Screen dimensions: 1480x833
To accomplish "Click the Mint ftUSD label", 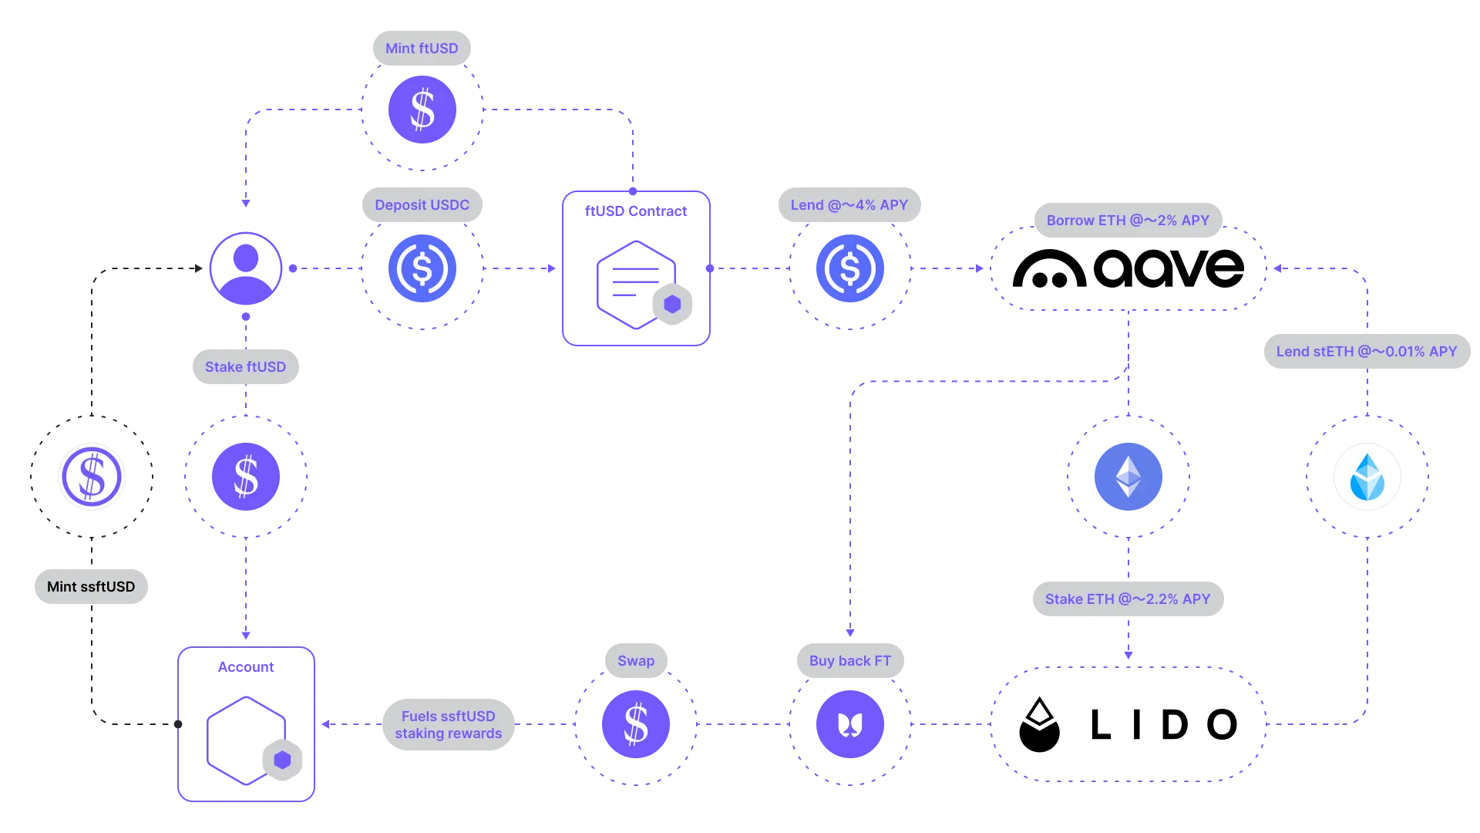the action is [x=422, y=49].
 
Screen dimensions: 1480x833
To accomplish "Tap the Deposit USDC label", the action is [x=422, y=205].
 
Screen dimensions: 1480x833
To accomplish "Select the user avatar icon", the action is [x=246, y=268].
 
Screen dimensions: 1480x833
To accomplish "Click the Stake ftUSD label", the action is [x=245, y=367].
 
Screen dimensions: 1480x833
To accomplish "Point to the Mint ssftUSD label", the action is [x=91, y=587].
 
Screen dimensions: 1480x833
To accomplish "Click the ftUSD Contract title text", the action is [x=636, y=211].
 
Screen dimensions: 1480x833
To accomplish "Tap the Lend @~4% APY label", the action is [x=849, y=205].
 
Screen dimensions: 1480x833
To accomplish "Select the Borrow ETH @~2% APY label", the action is [x=1128, y=221].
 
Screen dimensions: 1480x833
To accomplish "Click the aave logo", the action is [x=1128, y=268].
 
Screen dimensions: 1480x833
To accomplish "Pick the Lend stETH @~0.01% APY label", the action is [x=1367, y=352].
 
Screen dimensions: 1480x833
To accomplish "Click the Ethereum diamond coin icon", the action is [x=1128, y=477].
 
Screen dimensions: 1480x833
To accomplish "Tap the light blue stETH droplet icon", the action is [x=1367, y=477].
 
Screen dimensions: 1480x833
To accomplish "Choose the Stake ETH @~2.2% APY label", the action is [x=1128, y=599].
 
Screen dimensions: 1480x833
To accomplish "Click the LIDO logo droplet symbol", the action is [x=1039, y=724].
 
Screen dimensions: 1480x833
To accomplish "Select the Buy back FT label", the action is [x=850, y=661].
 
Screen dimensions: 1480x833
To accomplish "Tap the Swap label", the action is [x=636, y=661].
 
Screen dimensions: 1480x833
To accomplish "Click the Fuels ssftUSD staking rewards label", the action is [x=449, y=725].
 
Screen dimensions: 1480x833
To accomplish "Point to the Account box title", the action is [x=246, y=667].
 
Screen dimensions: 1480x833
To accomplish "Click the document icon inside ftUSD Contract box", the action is [x=637, y=285].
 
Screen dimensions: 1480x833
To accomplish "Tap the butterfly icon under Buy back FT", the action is [x=850, y=724].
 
